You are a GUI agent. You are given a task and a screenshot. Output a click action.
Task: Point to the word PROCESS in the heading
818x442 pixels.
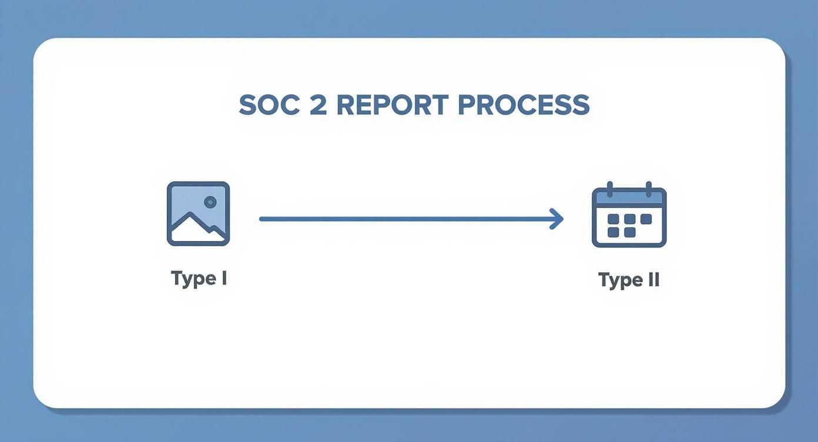[x=523, y=105]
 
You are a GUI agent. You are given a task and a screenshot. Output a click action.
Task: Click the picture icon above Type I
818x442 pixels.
[x=198, y=213]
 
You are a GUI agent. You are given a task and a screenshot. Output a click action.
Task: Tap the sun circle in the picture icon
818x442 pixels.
[x=210, y=202]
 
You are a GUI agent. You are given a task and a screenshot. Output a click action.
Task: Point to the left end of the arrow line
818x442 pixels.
[x=262, y=219]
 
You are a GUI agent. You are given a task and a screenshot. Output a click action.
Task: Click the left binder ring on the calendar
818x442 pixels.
[x=609, y=189]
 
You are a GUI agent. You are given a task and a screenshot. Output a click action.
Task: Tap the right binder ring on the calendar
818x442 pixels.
[x=648, y=189]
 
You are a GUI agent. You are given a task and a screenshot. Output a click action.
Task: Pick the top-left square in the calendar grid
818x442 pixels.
[x=613, y=219]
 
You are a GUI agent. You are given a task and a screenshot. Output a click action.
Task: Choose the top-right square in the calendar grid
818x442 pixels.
[x=646, y=219]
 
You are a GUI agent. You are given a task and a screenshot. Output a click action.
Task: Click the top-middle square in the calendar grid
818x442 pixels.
[x=629, y=219]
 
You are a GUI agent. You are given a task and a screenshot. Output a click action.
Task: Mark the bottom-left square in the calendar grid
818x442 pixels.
[x=613, y=232]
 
